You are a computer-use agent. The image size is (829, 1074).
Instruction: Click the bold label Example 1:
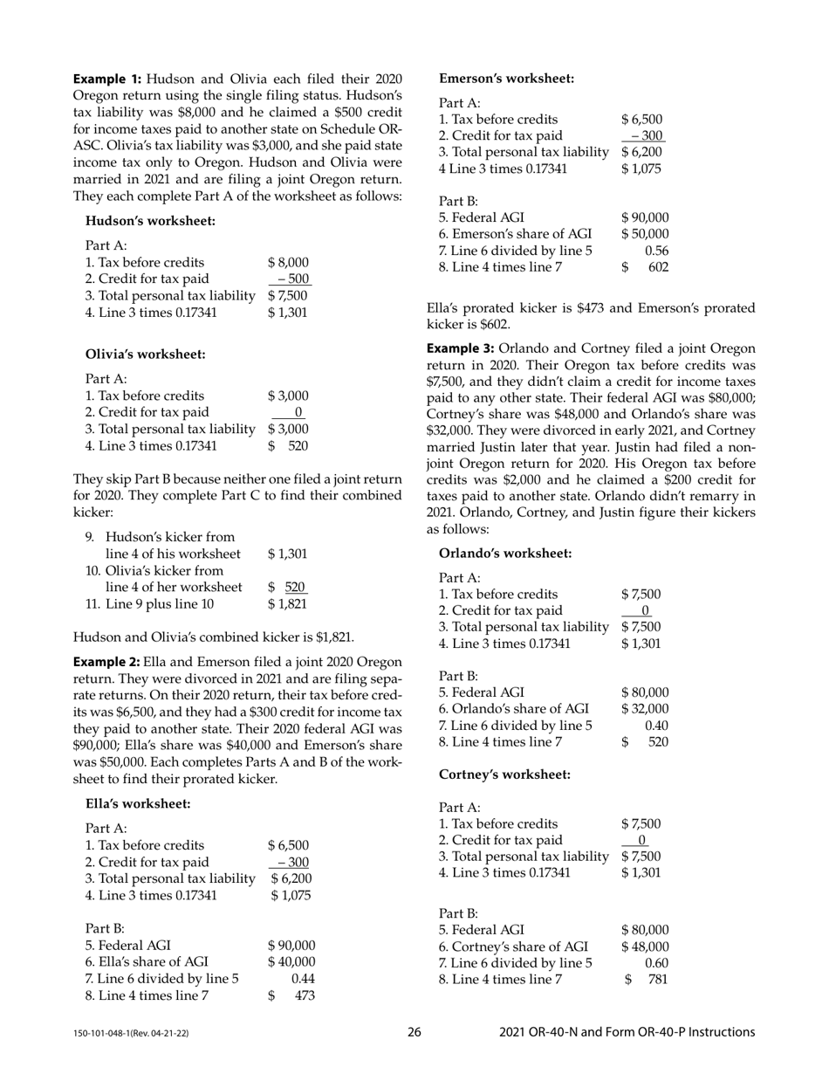click(x=101, y=78)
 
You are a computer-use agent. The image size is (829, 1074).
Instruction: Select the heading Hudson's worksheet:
click(x=150, y=221)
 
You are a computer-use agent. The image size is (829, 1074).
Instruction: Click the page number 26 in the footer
click(x=414, y=1032)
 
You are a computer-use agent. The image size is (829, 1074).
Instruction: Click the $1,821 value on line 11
click(x=287, y=603)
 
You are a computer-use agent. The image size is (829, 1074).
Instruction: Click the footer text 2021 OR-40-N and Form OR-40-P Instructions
click(x=627, y=1032)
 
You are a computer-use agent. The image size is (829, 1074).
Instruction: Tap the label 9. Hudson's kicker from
click(x=161, y=537)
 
